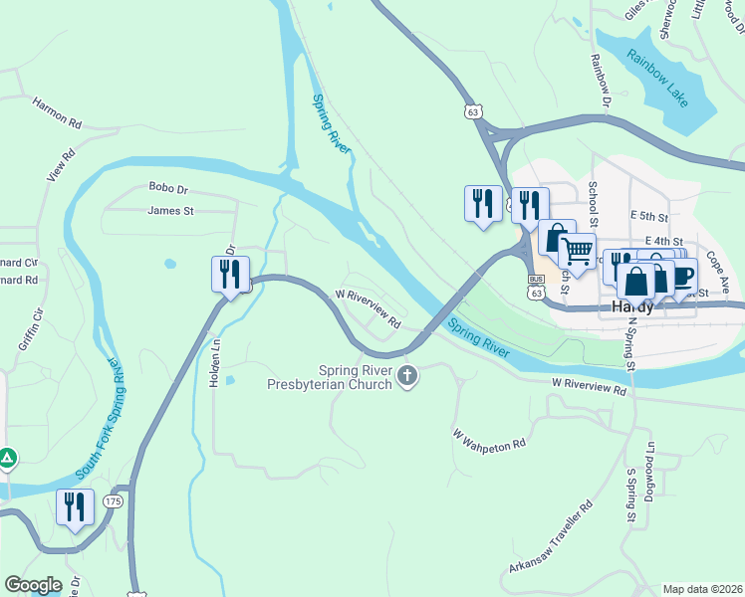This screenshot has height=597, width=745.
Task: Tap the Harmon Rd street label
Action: coord(57,111)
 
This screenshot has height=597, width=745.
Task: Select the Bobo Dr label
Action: coord(168,187)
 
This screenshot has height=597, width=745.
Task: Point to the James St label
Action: coord(170,210)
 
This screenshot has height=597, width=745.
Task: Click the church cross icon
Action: coord(406,376)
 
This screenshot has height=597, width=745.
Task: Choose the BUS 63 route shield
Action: coord(537,287)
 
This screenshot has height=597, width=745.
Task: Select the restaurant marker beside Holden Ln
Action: coord(230,274)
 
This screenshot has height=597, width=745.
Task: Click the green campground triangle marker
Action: coord(7,459)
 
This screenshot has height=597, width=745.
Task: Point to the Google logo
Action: coord(32,585)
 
